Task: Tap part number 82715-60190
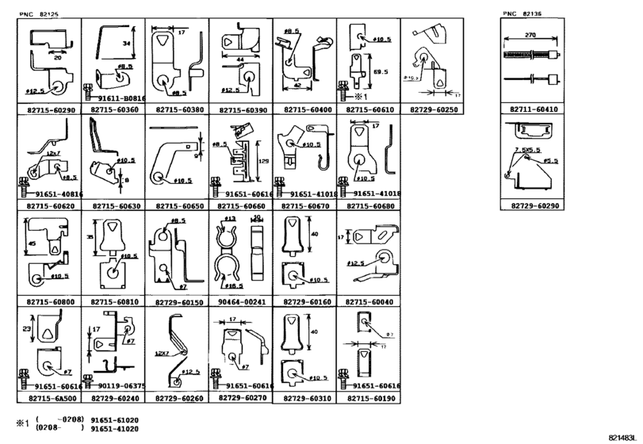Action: (x=369, y=398)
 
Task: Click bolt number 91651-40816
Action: (x=54, y=193)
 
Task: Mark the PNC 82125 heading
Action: (x=39, y=13)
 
